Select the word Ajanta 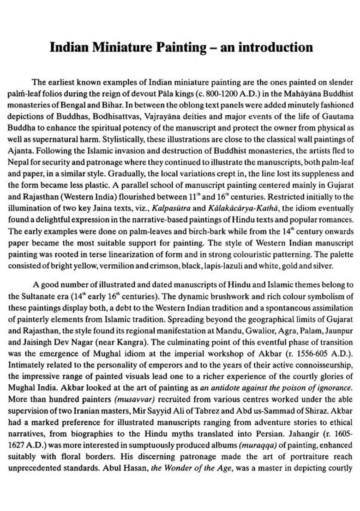click(x=21, y=137)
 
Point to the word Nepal click(x=18, y=149)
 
